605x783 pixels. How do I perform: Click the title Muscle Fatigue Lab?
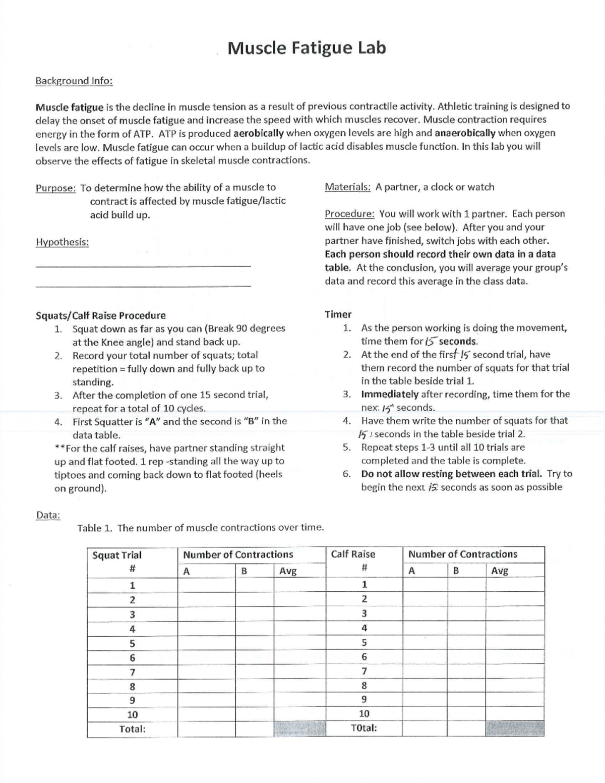(307, 48)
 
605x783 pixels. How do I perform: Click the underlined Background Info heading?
(74, 81)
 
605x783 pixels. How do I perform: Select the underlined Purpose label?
(55, 188)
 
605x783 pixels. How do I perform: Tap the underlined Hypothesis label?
(62, 242)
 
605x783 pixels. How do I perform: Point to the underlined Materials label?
(347, 187)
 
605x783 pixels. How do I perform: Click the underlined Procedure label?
(349, 214)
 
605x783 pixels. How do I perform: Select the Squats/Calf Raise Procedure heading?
(100, 316)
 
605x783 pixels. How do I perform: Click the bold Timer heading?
(338, 314)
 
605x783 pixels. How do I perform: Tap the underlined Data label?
(48, 515)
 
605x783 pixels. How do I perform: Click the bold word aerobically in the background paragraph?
(258, 133)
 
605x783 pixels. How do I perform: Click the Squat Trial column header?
(117, 555)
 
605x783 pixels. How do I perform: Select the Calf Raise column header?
(353, 554)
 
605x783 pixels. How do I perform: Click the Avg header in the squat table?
(288, 571)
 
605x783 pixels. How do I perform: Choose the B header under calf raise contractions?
(456, 571)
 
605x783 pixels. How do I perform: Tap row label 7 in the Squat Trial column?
(132, 672)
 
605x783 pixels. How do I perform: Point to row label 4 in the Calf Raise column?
(364, 628)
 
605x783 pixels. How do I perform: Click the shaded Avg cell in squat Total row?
(299, 729)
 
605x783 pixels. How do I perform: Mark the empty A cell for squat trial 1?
(206, 586)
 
